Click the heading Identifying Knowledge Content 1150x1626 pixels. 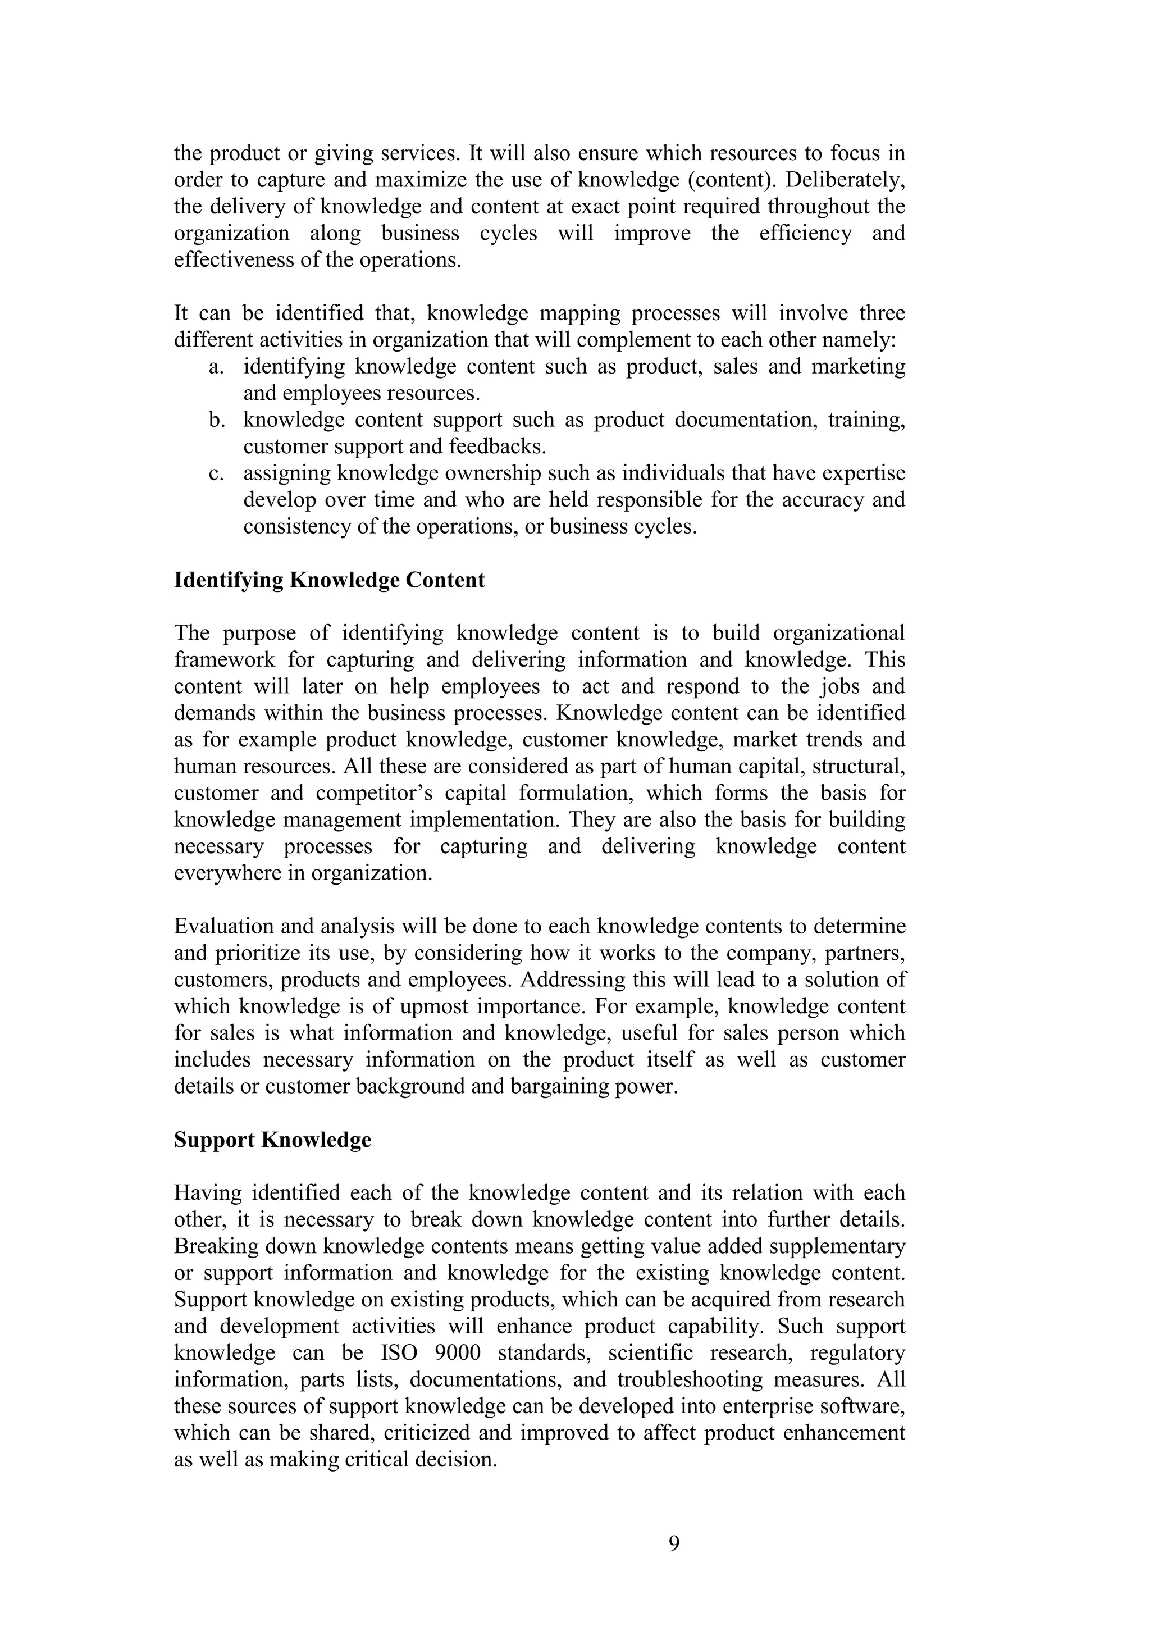point(329,580)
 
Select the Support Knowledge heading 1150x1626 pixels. point(273,1140)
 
